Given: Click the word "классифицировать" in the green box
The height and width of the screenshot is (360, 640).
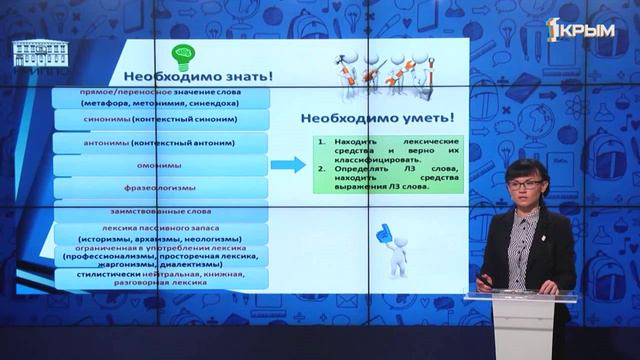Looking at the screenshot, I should (x=372, y=160).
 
